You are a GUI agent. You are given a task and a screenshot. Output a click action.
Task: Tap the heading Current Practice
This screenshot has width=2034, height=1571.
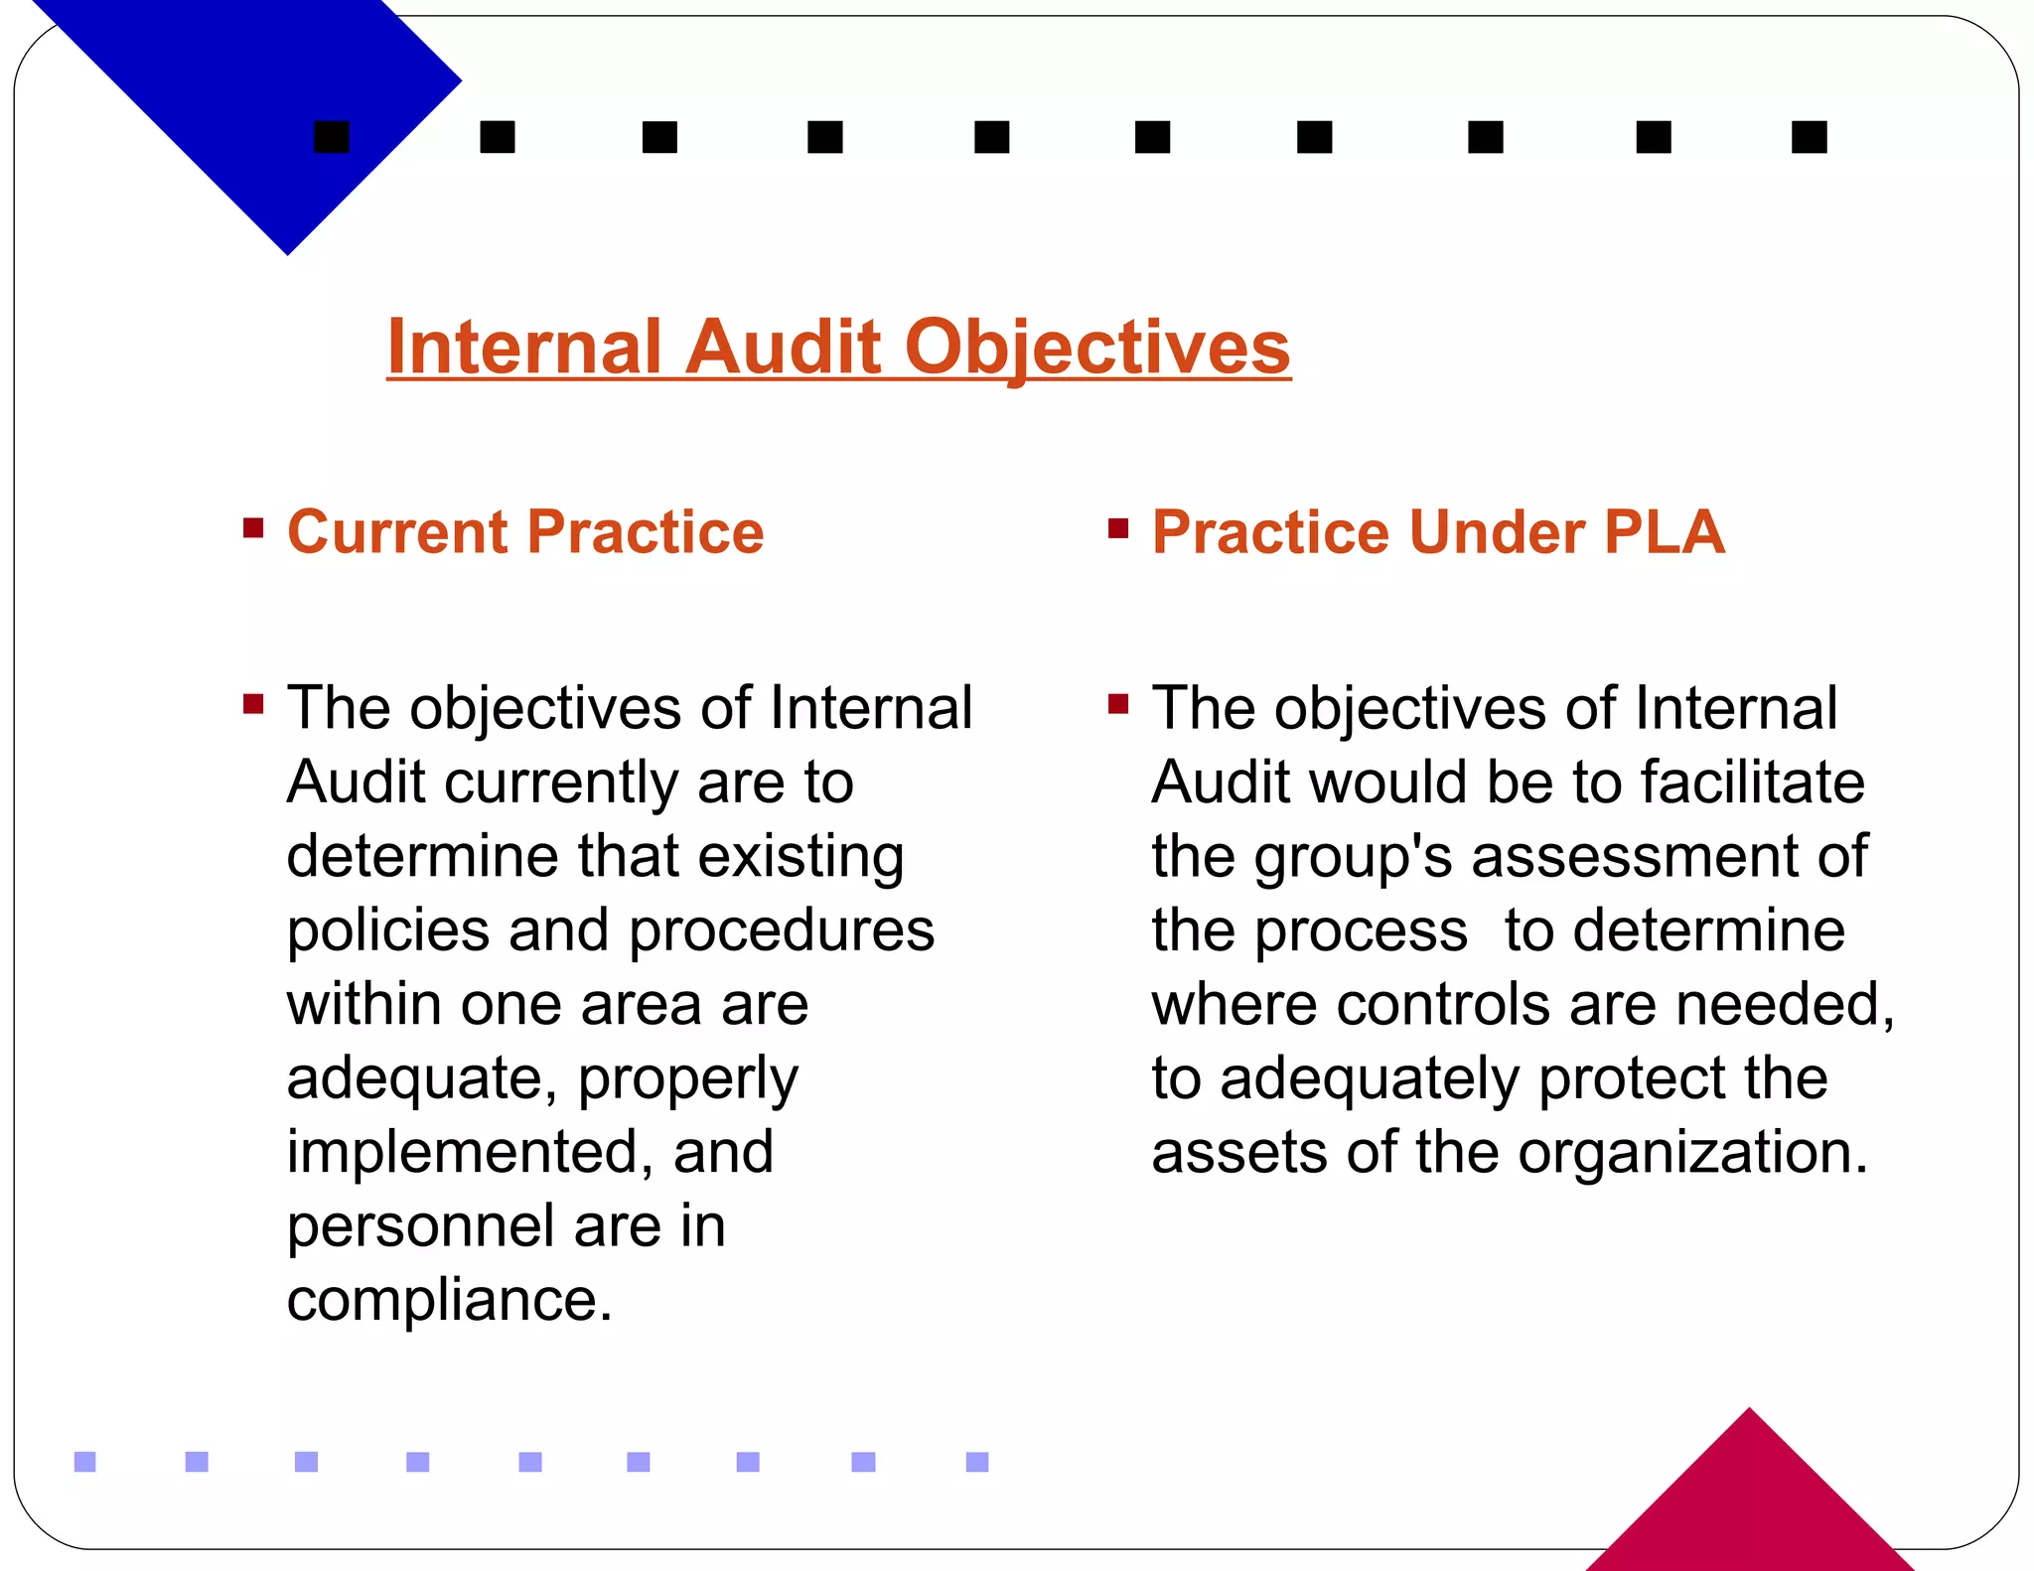point(525,532)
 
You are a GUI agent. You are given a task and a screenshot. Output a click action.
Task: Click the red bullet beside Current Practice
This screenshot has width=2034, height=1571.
point(253,527)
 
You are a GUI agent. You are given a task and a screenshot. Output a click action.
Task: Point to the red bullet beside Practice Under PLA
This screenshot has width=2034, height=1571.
point(1118,527)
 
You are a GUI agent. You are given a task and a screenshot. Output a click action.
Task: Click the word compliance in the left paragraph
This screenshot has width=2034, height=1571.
point(449,1300)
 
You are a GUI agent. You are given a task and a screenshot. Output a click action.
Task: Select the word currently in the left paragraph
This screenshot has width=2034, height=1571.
point(561,784)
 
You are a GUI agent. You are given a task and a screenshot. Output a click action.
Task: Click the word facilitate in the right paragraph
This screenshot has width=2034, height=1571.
point(1752,784)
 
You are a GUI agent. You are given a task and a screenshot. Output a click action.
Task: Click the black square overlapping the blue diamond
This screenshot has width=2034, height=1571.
point(332,137)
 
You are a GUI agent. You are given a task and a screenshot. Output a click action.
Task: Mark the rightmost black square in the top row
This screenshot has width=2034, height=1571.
point(1809,137)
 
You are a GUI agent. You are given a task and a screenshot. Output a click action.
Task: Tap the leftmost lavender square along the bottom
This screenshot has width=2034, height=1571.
point(85,1462)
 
